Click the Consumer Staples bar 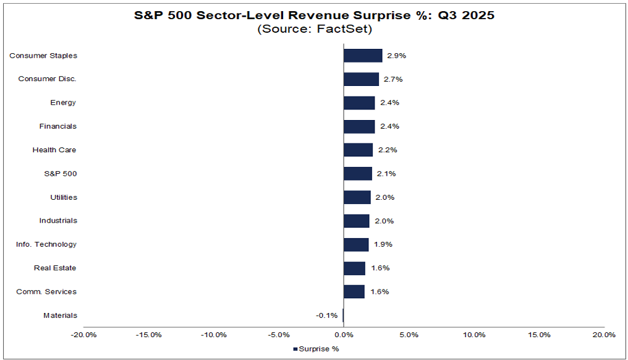click(363, 56)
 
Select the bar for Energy click(359, 103)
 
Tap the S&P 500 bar click(358, 174)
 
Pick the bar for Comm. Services click(354, 292)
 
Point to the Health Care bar click(359, 150)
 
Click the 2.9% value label click(396, 56)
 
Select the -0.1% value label click(326, 315)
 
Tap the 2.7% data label click(392, 79)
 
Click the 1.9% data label click(383, 244)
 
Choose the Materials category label click(60, 315)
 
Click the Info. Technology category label click(46, 244)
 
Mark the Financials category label click(57, 126)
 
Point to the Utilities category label click(64, 197)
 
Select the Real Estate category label click(56, 268)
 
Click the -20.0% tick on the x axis click(83, 335)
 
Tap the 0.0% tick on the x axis click(344, 335)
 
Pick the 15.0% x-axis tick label click(539, 335)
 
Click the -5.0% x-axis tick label click(279, 335)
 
